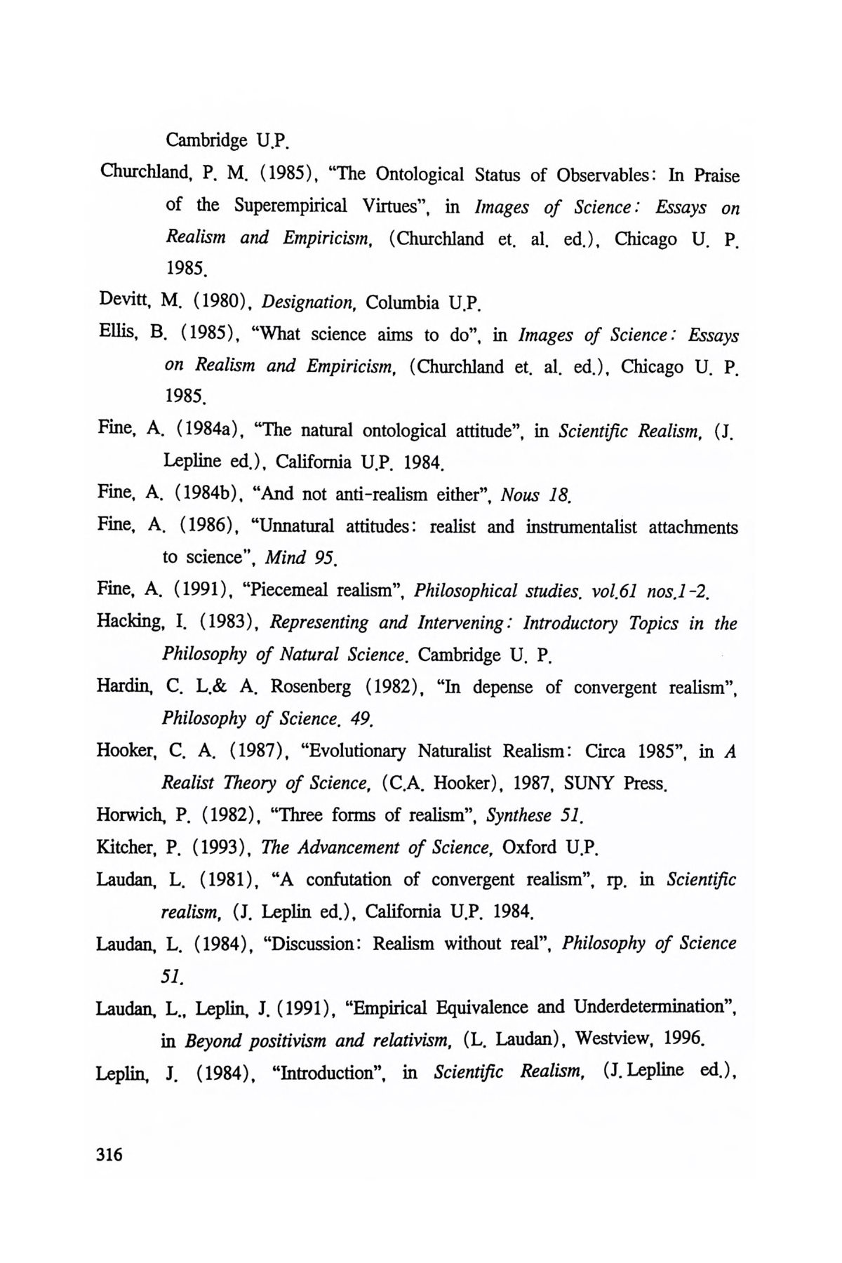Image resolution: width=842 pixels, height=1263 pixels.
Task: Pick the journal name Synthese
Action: pyautogui.click(x=519, y=815)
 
